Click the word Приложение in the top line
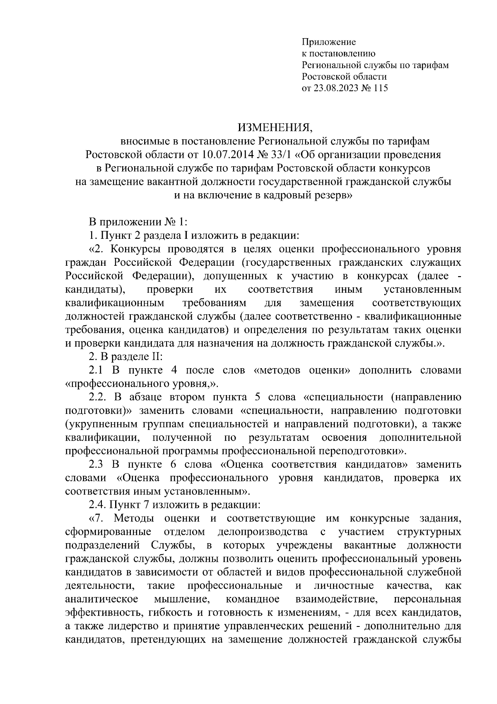click(329, 42)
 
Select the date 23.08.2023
click(341, 88)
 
